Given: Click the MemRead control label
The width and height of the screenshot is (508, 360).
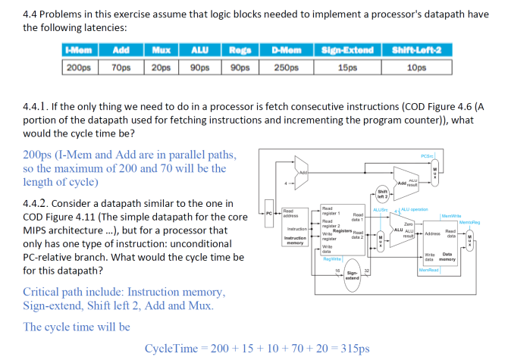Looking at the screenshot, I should (429, 269).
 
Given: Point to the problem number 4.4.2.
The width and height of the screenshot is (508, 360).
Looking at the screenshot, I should (38, 204).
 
